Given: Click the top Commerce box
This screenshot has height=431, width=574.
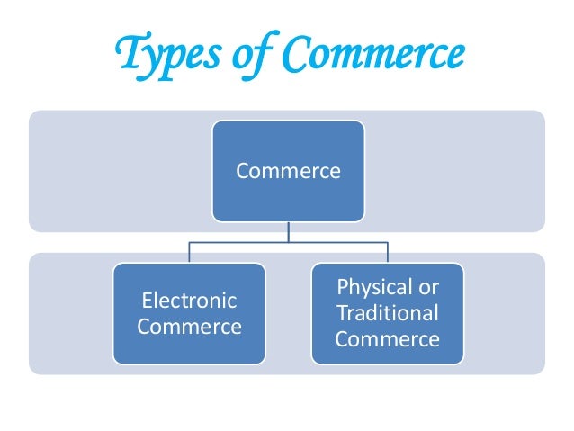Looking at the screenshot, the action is (288, 171).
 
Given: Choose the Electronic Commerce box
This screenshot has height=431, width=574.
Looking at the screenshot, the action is (189, 312).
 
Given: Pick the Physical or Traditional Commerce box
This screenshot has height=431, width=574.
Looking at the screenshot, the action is (387, 312).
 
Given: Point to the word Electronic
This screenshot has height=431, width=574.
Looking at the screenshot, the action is (189, 301).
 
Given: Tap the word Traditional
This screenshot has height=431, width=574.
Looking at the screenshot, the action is (387, 313).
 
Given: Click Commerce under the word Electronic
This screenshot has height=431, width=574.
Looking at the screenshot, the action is (189, 326).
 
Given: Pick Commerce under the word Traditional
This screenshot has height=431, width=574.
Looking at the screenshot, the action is (387, 339).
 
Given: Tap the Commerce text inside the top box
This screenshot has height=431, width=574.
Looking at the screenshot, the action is (288, 171).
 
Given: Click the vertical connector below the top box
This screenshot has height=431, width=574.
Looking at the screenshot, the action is (288, 231).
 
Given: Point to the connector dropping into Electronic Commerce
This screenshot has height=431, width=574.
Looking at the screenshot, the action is (189, 252).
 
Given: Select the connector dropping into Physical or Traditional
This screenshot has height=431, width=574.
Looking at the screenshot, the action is (387, 252).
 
